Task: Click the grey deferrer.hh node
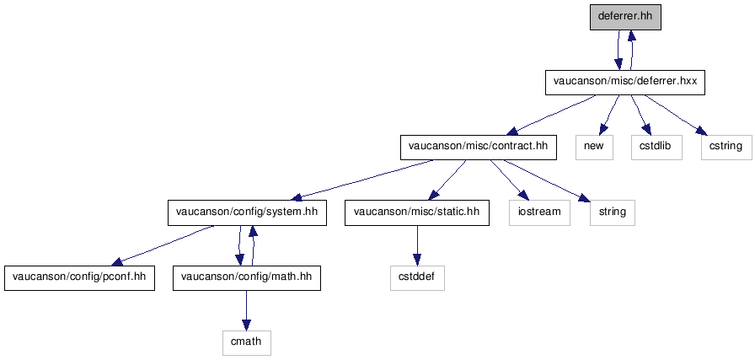coord(625,18)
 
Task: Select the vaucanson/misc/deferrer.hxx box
coord(625,83)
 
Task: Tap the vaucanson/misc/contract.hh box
coord(479,148)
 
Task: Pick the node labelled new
coord(594,148)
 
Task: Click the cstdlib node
coord(656,148)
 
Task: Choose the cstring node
coord(726,148)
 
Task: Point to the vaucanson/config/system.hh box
coord(247,212)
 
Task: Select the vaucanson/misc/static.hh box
coord(417,212)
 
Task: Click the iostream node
coord(540,212)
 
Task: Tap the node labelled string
coord(613,212)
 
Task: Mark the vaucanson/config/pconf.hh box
coord(79,277)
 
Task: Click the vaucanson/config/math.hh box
coord(247,277)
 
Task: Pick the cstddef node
coord(417,277)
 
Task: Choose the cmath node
coord(247,342)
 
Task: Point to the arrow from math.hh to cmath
coord(247,310)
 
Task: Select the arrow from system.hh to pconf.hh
coord(163,244)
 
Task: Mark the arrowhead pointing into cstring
coord(702,131)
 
